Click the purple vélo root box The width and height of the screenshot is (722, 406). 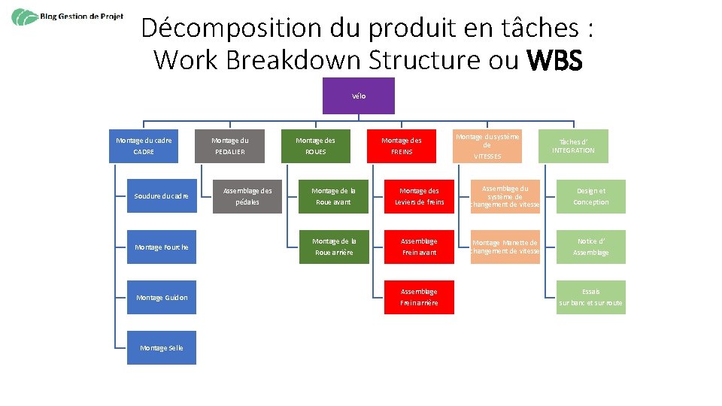point(359,96)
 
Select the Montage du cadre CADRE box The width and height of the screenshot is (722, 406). point(144,146)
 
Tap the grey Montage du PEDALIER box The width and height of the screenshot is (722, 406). point(230,146)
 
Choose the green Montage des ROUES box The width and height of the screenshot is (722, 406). point(316,146)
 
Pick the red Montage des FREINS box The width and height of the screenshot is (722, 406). point(402,146)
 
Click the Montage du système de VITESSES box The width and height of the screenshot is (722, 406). point(487,146)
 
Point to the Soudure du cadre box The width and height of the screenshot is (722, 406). point(162,196)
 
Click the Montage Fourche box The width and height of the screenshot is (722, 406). point(162,247)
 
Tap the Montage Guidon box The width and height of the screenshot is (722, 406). point(162,297)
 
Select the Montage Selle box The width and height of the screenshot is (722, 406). point(162,347)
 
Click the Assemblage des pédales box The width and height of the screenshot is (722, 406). point(247,196)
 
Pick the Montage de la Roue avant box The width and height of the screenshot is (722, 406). point(335,196)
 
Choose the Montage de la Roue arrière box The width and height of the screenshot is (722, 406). point(335,247)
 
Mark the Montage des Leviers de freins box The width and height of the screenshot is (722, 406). point(420,196)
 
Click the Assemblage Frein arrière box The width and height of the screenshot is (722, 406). point(420,297)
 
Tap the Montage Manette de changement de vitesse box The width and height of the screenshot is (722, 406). point(505,247)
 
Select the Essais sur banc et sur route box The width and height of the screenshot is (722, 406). point(591,297)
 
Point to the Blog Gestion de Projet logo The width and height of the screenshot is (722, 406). point(68,17)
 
